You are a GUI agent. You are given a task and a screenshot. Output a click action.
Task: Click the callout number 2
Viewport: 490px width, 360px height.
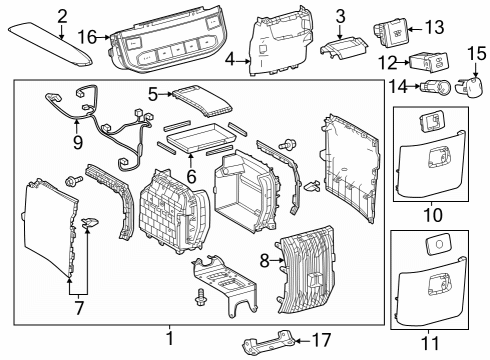tap(62, 15)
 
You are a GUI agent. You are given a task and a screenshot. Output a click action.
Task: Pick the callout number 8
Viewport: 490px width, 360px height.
tap(265, 261)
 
